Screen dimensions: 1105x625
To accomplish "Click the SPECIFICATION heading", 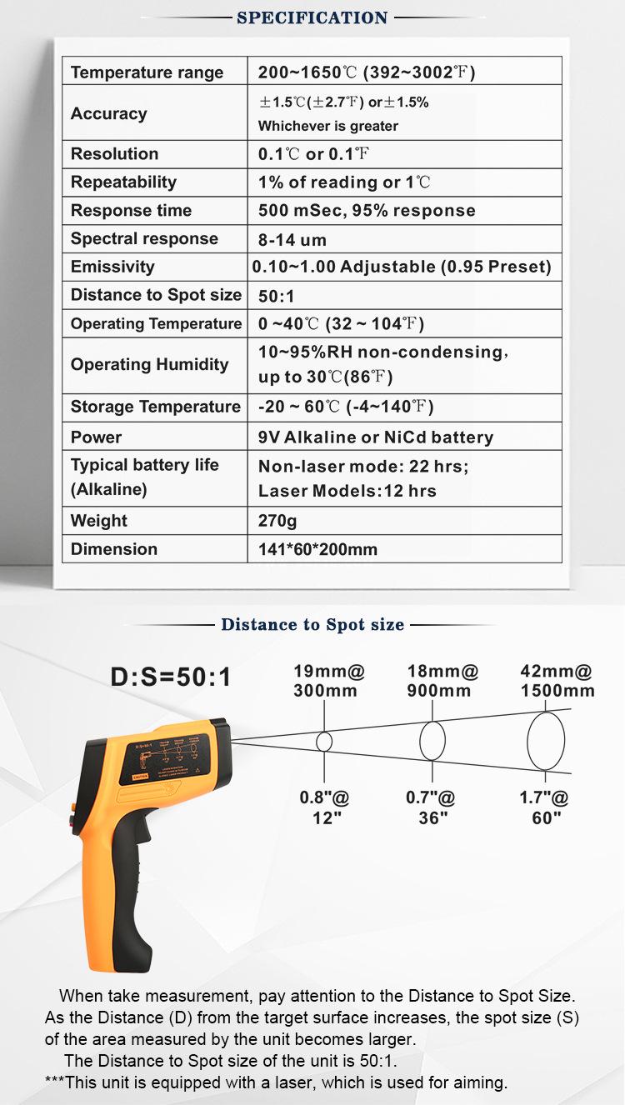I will click(312, 17).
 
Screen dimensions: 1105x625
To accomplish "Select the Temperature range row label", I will click(147, 72).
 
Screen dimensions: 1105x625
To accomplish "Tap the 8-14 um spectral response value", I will click(292, 240).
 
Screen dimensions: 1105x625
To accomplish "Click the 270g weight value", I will click(277, 522).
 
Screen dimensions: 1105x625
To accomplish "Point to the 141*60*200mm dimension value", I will click(317, 549).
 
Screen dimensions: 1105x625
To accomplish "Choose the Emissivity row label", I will click(112, 267).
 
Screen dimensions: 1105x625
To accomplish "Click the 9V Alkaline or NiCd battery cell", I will click(376, 437).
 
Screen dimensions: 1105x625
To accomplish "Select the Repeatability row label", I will click(123, 182).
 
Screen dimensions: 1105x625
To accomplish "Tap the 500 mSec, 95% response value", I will click(367, 211).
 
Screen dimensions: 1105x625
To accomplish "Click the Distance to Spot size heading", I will click(312, 624).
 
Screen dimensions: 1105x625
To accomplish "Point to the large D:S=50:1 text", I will click(171, 677).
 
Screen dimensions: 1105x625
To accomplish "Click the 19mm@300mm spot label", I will click(328, 681).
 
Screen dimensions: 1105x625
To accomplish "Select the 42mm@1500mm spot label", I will click(557, 681).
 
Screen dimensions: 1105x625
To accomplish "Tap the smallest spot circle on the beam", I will click(324, 741).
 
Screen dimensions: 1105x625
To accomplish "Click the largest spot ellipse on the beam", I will click(546, 741).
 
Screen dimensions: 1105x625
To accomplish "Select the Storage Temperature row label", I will click(155, 407).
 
